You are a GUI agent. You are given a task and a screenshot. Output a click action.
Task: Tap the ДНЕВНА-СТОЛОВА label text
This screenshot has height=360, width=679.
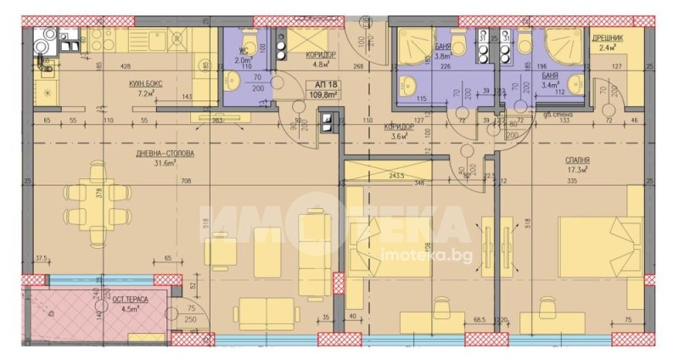point(159,154)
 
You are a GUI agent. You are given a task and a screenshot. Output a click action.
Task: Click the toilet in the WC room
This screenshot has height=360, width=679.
point(245,43)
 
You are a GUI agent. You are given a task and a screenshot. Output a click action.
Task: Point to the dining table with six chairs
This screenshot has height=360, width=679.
point(91,202)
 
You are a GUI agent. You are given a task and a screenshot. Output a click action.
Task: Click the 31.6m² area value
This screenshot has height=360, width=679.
point(158,164)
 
